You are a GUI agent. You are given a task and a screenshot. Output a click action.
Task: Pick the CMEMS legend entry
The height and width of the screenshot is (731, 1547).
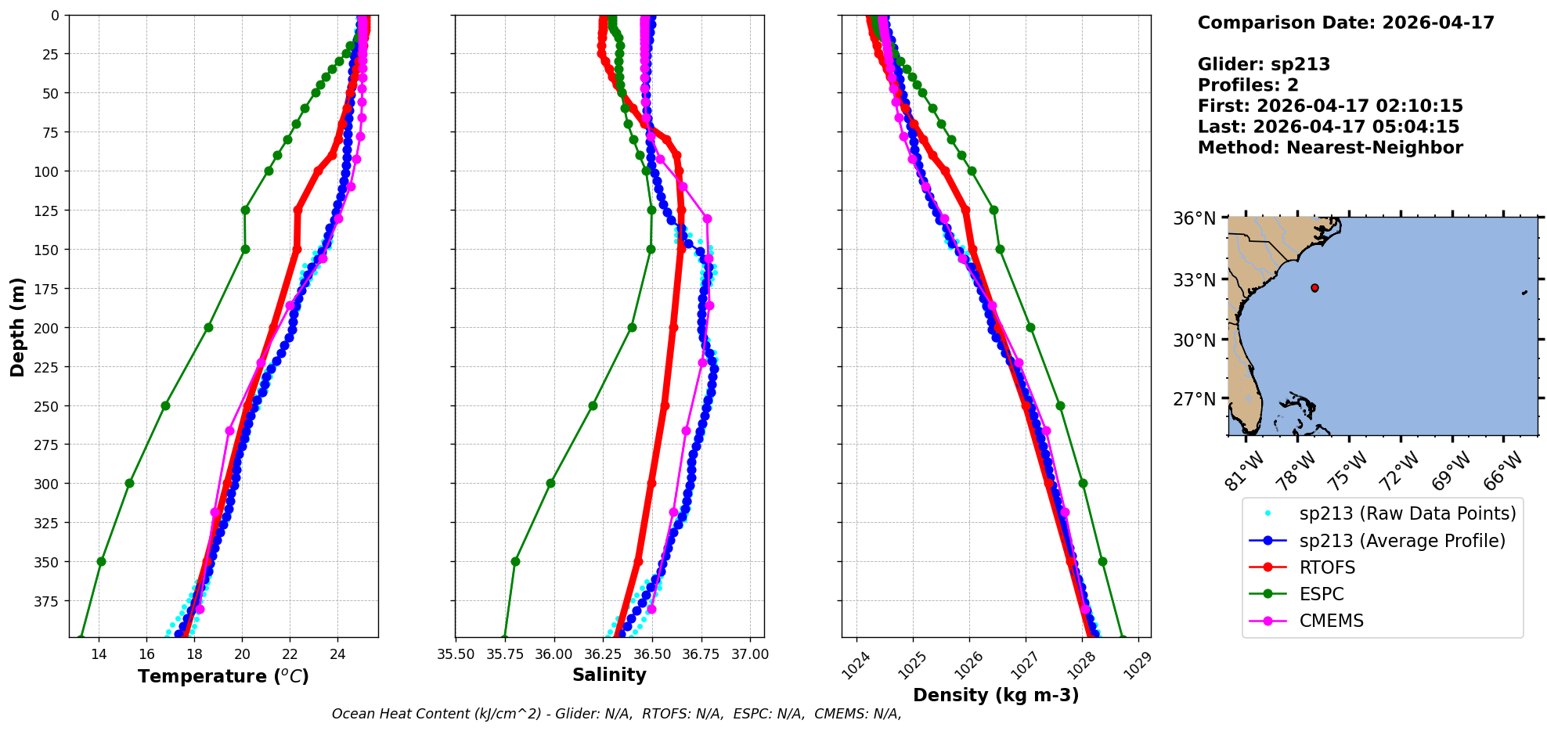[x=1331, y=621]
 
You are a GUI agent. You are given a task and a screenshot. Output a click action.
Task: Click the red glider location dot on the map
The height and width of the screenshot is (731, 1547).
[x=1314, y=288]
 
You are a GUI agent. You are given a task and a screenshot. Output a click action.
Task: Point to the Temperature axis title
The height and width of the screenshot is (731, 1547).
[x=223, y=676]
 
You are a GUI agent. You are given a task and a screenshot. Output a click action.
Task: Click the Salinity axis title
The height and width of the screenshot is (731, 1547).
[x=609, y=675]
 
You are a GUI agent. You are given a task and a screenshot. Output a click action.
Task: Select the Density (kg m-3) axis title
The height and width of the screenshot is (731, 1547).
[x=996, y=695]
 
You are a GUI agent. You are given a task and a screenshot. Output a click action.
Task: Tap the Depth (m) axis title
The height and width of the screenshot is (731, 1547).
[x=17, y=326]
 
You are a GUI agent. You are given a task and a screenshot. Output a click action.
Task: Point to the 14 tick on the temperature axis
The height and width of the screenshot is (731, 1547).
[x=99, y=654]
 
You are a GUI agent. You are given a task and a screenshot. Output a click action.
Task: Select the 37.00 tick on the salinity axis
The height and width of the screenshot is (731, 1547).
[x=750, y=654]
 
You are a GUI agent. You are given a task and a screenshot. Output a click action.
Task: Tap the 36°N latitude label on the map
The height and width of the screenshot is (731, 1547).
[x=1194, y=218]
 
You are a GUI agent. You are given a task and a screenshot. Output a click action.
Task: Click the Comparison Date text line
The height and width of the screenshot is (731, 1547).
[x=1346, y=23]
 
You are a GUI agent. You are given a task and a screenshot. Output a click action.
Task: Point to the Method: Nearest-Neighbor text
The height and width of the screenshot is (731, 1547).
[x=1330, y=148]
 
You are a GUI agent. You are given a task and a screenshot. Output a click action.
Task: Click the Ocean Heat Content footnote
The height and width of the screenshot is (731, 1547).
[x=616, y=714]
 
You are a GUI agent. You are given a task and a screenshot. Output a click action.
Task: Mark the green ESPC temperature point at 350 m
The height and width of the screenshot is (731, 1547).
[x=101, y=561]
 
